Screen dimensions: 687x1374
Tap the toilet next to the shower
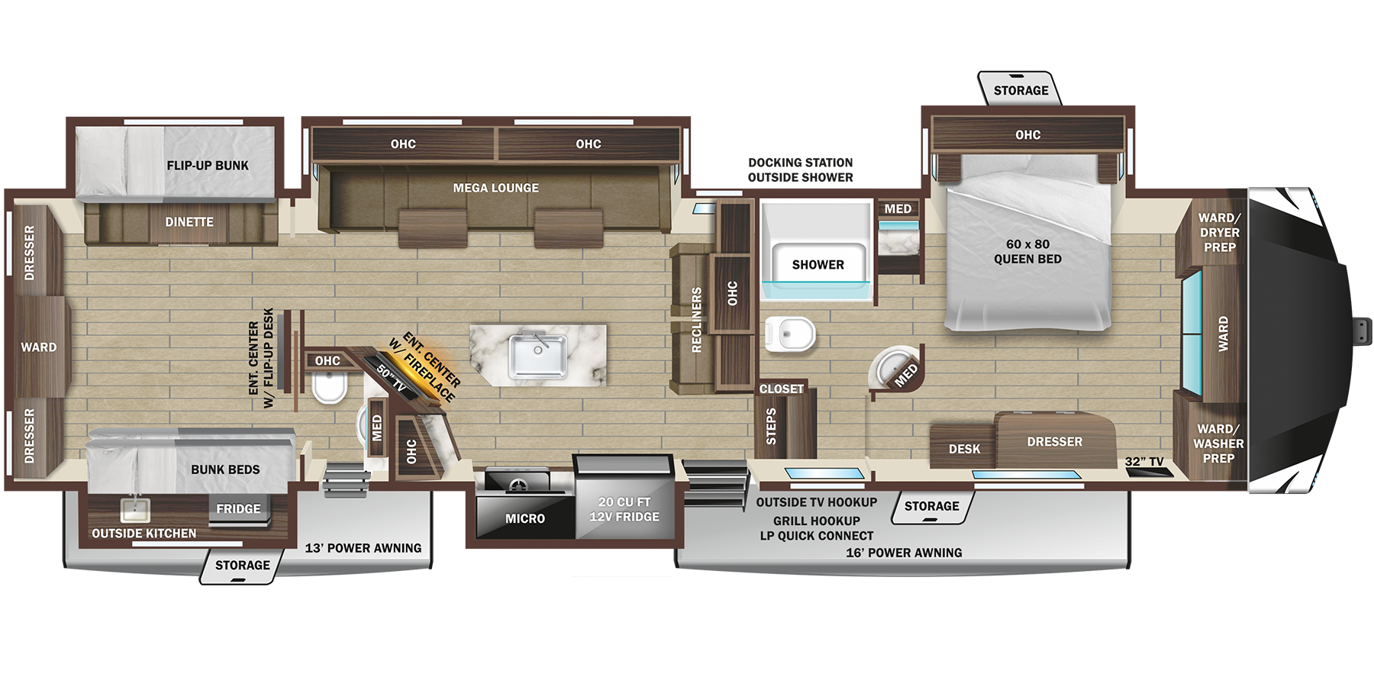click(790, 334)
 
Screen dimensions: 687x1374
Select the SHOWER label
click(818, 265)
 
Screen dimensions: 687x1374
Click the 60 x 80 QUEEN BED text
click(1027, 252)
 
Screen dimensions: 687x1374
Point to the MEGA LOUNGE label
click(495, 188)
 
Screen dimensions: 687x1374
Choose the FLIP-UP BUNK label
click(208, 166)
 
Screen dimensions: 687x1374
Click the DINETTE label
click(189, 222)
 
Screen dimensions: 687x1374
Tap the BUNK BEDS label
click(225, 469)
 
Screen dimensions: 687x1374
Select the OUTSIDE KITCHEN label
click(144, 534)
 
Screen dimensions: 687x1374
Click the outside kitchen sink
click(136, 510)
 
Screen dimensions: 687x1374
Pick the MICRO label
click(525, 519)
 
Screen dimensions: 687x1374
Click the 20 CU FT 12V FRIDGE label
click(624, 509)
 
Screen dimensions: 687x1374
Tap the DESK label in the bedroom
click(964, 449)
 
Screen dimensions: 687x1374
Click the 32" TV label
click(1143, 462)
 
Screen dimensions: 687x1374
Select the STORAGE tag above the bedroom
click(1021, 91)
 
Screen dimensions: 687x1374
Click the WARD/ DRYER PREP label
click(1219, 233)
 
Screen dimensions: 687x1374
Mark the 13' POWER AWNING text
click(363, 548)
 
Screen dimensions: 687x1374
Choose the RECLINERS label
click(696, 320)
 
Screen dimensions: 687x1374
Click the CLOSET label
click(781, 389)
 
